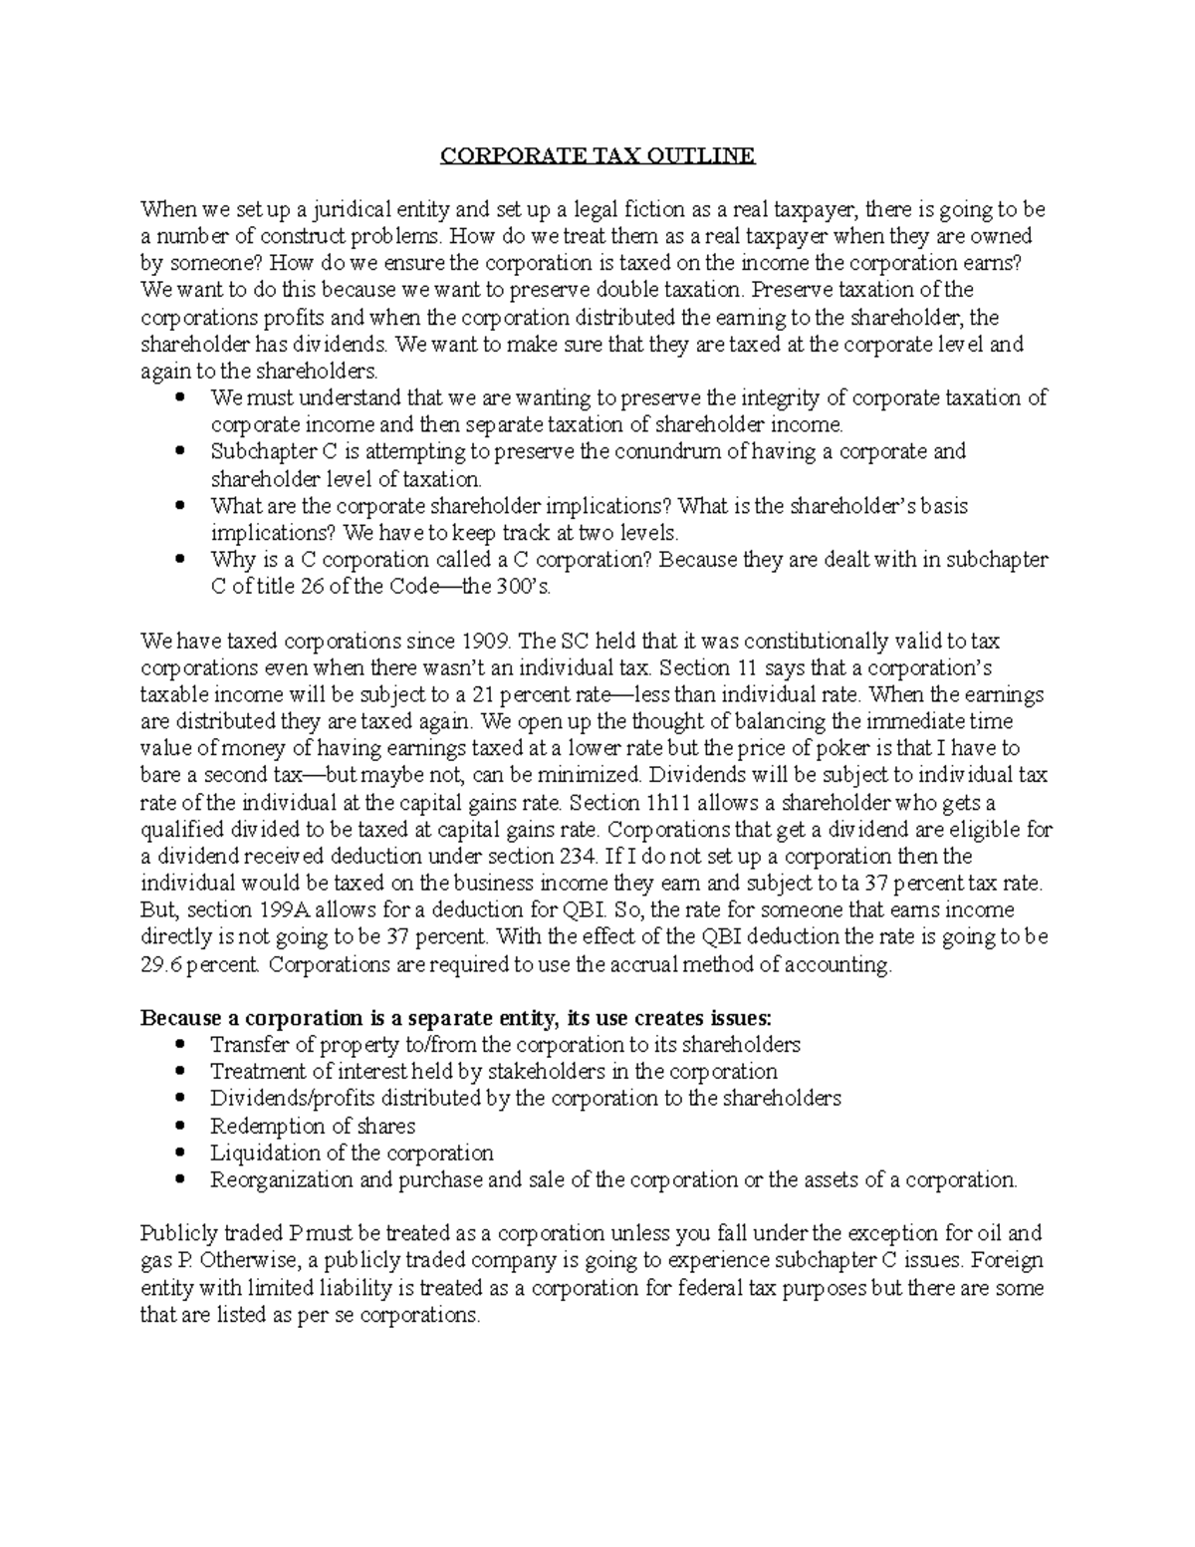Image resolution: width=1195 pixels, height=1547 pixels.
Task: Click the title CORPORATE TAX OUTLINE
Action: coord(597,156)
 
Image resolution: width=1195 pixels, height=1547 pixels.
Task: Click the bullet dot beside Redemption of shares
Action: coord(179,1127)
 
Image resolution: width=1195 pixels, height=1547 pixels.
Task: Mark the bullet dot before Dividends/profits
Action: coord(179,1099)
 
